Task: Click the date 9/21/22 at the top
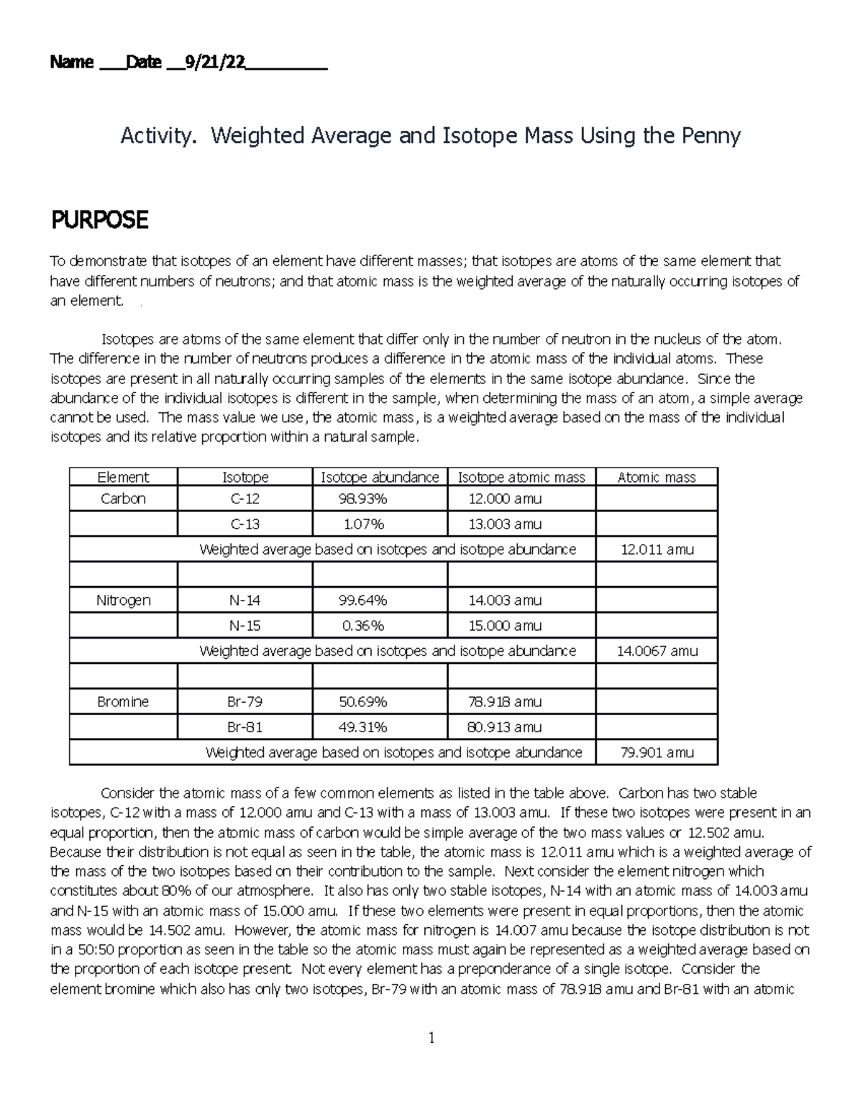pos(215,63)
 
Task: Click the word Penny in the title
pos(708,135)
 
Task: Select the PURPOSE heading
pos(99,220)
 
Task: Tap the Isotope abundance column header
pos(380,478)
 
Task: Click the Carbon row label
pos(123,499)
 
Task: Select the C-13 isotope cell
pos(245,524)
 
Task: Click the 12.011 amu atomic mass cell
pos(657,550)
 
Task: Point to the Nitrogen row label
pos(123,601)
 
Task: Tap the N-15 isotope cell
pos(245,626)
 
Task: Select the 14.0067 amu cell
pos(657,652)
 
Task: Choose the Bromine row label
pos(123,702)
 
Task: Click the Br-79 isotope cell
pos(245,702)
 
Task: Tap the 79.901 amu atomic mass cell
pos(657,753)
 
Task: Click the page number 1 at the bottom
pos(431,1038)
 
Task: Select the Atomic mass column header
pos(657,478)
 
